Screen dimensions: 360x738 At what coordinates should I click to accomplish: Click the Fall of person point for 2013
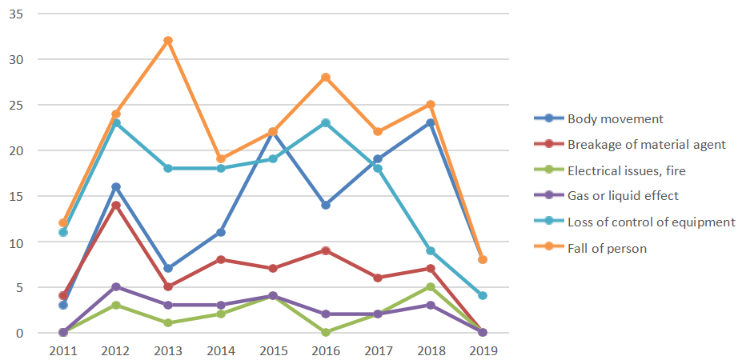coord(168,41)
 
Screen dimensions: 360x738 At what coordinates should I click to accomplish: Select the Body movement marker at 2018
coord(431,123)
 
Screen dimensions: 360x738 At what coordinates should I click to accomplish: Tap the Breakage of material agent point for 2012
coord(116,206)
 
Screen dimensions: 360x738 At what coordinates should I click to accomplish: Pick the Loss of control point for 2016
coord(326,123)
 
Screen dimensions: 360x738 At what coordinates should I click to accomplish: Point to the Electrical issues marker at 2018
coord(431,287)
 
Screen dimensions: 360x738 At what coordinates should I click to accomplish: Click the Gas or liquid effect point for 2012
coord(116,287)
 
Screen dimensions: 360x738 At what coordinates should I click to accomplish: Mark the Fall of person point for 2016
coord(326,78)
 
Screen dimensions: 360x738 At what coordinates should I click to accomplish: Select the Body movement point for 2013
coord(168,269)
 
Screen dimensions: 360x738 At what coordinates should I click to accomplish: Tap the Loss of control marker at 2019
coord(483,296)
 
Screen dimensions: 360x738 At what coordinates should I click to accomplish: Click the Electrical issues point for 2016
coord(326,333)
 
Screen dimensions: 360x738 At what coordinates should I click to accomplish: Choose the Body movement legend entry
coord(616,118)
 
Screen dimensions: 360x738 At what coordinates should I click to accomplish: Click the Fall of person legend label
coord(607,248)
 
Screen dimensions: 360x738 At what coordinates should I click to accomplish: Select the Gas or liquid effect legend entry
coord(622,196)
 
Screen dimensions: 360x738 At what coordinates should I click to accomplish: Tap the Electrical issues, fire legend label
coord(626,170)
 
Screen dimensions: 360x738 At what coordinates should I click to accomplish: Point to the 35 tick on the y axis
coord(15,14)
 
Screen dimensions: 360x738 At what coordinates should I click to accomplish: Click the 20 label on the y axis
coord(15,150)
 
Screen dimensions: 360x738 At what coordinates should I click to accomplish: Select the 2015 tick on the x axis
coord(273,350)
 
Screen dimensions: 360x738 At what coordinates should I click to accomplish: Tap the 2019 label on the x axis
coord(483,350)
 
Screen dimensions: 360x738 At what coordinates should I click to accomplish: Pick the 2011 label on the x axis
coord(63,350)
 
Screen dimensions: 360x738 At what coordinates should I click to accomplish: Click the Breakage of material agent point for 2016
coord(326,250)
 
